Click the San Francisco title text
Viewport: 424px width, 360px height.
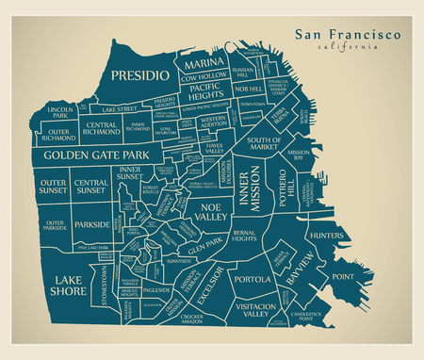point(347,34)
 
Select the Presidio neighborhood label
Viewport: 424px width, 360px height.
point(139,74)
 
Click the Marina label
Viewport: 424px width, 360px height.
point(203,62)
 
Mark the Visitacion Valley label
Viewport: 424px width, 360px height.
point(254,312)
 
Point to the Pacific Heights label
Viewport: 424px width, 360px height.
point(204,91)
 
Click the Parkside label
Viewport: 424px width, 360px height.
point(92,225)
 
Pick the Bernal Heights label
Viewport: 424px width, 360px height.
point(244,236)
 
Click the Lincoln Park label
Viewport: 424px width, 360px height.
point(58,113)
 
